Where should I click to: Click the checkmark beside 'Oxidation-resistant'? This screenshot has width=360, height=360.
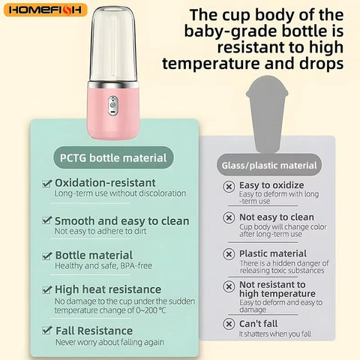click(x=46, y=183)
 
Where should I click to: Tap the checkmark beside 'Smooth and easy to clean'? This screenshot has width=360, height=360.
click(x=46, y=221)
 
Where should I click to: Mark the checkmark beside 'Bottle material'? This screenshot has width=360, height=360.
click(x=46, y=256)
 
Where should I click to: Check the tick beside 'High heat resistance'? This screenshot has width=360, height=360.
click(x=46, y=289)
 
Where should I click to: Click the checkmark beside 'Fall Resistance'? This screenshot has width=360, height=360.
click(x=46, y=331)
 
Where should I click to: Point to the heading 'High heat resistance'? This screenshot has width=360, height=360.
click(x=108, y=289)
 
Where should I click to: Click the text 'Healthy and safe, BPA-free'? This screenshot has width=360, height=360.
click(x=104, y=266)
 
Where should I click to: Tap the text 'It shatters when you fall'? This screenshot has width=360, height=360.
click(x=274, y=334)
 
